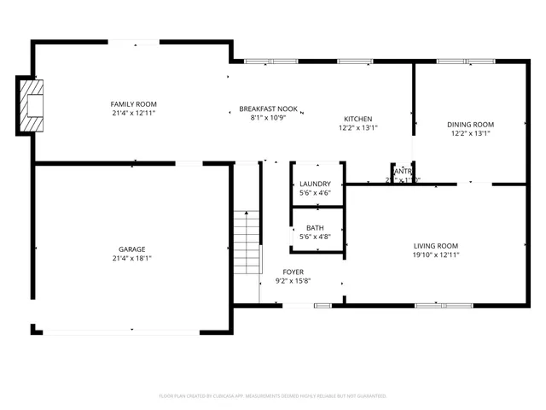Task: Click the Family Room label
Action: coord(132,103)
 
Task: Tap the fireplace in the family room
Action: coord(32,105)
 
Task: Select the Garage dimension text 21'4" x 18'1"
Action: coord(132,258)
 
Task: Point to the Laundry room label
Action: coord(315,184)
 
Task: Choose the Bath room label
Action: coord(315,227)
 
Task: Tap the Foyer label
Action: coord(292,271)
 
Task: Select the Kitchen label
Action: coord(358,119)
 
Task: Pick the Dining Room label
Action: coord(470,124)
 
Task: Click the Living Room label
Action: coord(436,245)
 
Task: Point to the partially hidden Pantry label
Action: coord(401,172)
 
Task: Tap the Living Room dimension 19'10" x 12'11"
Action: coord(436,255)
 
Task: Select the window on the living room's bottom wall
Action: coord(443,305)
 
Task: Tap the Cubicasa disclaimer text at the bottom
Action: coord(273,396)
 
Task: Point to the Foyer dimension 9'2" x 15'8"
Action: coord(292,280)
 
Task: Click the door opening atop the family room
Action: coord(132,41)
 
